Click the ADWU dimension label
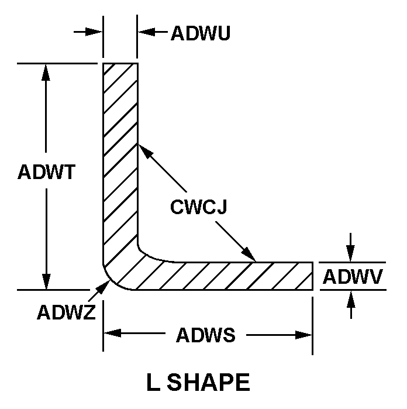200,33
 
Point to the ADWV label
353,276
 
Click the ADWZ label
66,313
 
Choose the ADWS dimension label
206,336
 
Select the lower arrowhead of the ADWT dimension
46,281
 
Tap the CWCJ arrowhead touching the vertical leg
144,150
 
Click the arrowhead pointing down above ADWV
350,254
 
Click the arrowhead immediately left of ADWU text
146,32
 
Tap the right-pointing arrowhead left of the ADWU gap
95,32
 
